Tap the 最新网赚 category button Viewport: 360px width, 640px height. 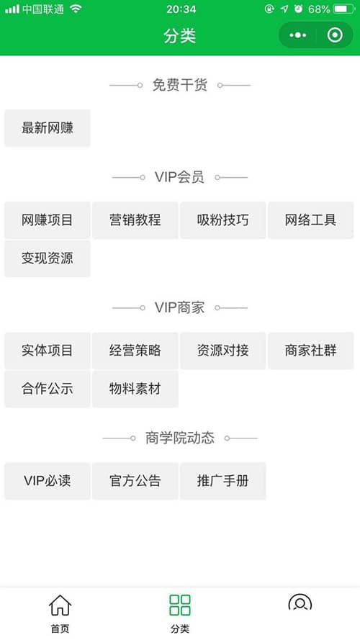[x=48, y=127]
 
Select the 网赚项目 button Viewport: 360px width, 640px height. [x=48, y=220]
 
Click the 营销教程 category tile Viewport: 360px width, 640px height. [x=135, y=220]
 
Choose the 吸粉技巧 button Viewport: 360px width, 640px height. [x=223, y=220]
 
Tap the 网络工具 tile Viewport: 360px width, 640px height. [x=310, y=220]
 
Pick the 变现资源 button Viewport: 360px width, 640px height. [x=48, y=258]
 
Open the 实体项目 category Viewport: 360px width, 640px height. [x=48, y=351]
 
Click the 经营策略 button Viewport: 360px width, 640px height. [x=135, y=351]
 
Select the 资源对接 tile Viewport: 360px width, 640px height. [x=223, y=351]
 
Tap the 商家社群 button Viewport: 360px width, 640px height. [x=310, y=351]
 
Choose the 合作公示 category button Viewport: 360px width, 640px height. [x=48, y=389]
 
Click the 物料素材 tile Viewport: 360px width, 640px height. [x=135, y=389]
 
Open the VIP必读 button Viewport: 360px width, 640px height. [x=48, y=481]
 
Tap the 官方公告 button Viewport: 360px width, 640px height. [x=135, y=481]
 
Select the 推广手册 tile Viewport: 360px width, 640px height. [x=223, y=481]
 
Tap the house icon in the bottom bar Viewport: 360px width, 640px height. [x=60, y=605]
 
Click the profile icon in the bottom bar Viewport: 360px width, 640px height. [x=300, y=603]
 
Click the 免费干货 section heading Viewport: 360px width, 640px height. [x=180, y=85]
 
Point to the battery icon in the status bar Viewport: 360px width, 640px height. [x=344, y=9]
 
